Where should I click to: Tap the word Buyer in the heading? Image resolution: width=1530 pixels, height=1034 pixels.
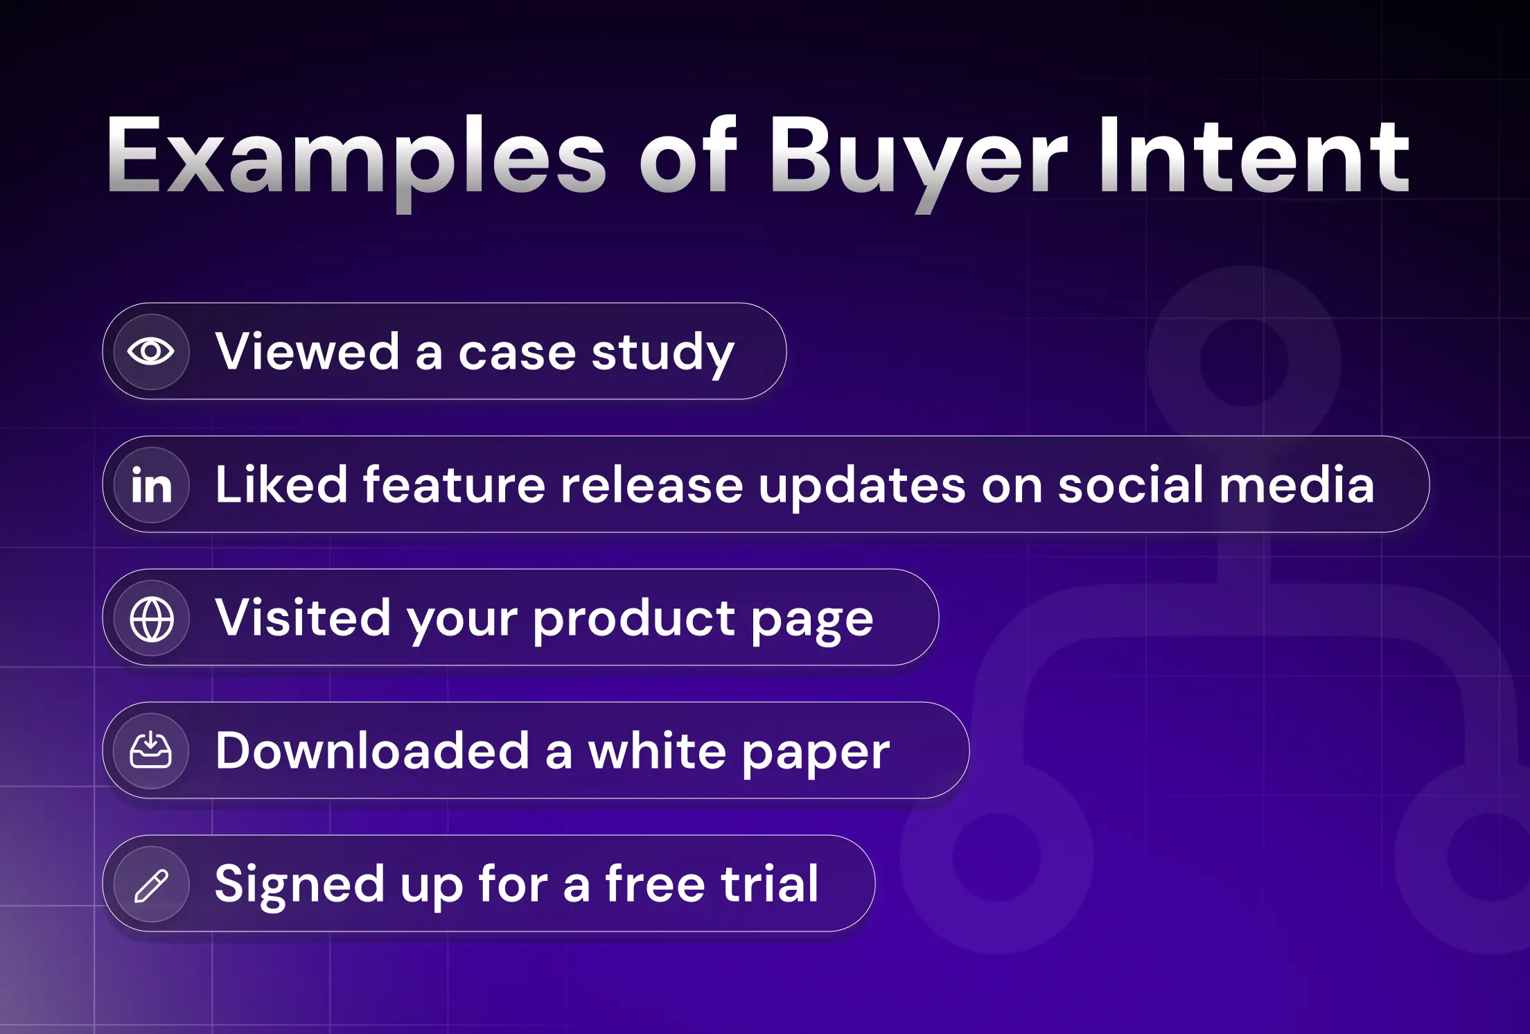[918, 159]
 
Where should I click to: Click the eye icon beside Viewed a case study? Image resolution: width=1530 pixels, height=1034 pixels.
[151, 351]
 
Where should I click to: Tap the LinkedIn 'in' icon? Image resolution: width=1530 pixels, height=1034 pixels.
[151, 484]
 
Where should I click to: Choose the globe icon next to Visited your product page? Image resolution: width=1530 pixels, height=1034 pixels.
[151, 618]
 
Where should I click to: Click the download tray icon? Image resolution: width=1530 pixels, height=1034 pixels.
[151, 751]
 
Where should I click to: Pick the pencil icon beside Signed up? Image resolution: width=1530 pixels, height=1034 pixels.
[151, 885]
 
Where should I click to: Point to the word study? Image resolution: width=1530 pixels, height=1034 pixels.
[662, 353]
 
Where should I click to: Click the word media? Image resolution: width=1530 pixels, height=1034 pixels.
[1296, 484]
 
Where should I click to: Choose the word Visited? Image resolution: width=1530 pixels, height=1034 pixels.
[304, 617]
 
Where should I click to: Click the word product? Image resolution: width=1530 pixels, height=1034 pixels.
[633, 619]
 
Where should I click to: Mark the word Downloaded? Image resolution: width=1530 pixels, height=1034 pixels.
[373, 750]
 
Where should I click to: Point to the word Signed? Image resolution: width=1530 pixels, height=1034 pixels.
[299, 886]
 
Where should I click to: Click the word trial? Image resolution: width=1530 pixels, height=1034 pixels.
[769, 883]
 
